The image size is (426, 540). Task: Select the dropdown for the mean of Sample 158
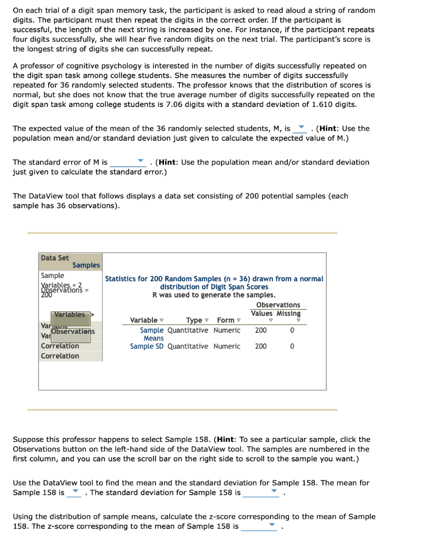coord(75,493)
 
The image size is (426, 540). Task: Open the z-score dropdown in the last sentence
coord(259,526)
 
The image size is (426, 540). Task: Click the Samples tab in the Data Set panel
coord(86,265)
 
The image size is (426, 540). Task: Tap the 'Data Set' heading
coord(55,258)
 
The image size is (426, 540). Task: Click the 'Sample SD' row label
coord(147,346)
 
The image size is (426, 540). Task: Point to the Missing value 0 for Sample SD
coord(293,346)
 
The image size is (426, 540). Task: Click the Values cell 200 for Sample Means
coord(260,330)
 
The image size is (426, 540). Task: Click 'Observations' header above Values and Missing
coord(278,305)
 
